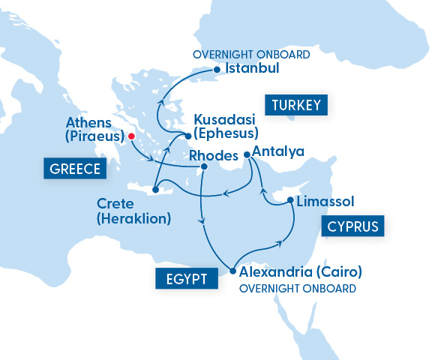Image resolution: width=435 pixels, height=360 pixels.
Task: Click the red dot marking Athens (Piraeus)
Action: click(131, 136)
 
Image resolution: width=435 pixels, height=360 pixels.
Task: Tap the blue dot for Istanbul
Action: click(217, 70)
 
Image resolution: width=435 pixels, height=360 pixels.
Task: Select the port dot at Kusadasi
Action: click(187, 136)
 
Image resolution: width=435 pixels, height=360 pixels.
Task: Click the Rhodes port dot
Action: click(203, 166)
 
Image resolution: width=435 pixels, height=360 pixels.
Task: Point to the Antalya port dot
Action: click(247, 155)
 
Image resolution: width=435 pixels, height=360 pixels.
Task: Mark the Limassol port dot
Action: click(290, 200)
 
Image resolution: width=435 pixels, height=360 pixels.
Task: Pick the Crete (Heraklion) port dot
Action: click(154, 189)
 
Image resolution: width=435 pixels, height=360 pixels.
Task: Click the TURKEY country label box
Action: click(296, 104)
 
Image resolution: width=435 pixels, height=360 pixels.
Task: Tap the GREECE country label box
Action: click(75, 169)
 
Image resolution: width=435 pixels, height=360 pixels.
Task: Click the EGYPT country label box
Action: click(186, 280)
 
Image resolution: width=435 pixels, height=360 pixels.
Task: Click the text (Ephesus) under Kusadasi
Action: click(226, 133)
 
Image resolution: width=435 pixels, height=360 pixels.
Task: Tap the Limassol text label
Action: click(325, 201)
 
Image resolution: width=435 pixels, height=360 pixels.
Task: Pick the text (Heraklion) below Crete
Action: click(133, 219)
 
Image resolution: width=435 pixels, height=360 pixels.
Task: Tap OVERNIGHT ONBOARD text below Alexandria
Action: click(297, 287)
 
